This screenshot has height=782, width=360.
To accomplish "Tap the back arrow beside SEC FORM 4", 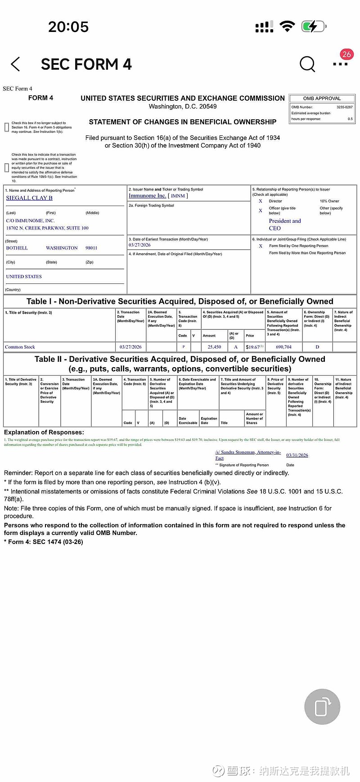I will tap(15, 64).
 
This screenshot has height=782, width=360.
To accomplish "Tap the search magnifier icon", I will tap(307, 64).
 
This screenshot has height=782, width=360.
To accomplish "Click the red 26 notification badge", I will tap(346, 54).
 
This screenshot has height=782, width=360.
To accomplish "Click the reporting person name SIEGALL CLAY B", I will tap(29, 198).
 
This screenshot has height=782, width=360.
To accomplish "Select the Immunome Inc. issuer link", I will tap(147, 196).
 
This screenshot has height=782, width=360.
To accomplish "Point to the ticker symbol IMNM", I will tap(178, 196).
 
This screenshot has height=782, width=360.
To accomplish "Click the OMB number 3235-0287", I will tap(344, 107).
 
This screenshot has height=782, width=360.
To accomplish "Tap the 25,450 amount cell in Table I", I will tap(214, 347).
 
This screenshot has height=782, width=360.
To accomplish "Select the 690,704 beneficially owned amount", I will tap(283, 347).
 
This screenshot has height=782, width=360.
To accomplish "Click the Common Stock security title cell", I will tap(20, 347).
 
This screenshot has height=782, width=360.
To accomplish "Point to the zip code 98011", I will tap(91, 248).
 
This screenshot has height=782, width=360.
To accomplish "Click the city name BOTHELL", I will tap(17, 248).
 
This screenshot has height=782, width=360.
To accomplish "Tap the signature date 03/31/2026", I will tap(297, 455).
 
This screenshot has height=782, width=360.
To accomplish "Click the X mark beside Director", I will tap(261, 201).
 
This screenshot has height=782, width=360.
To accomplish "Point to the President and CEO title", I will tap(285, 225).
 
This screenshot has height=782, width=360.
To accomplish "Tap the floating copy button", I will tap(322, 707).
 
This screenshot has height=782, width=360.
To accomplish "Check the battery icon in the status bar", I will tap(313, 27).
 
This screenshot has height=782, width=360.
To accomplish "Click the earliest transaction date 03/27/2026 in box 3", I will tap(139, 245).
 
